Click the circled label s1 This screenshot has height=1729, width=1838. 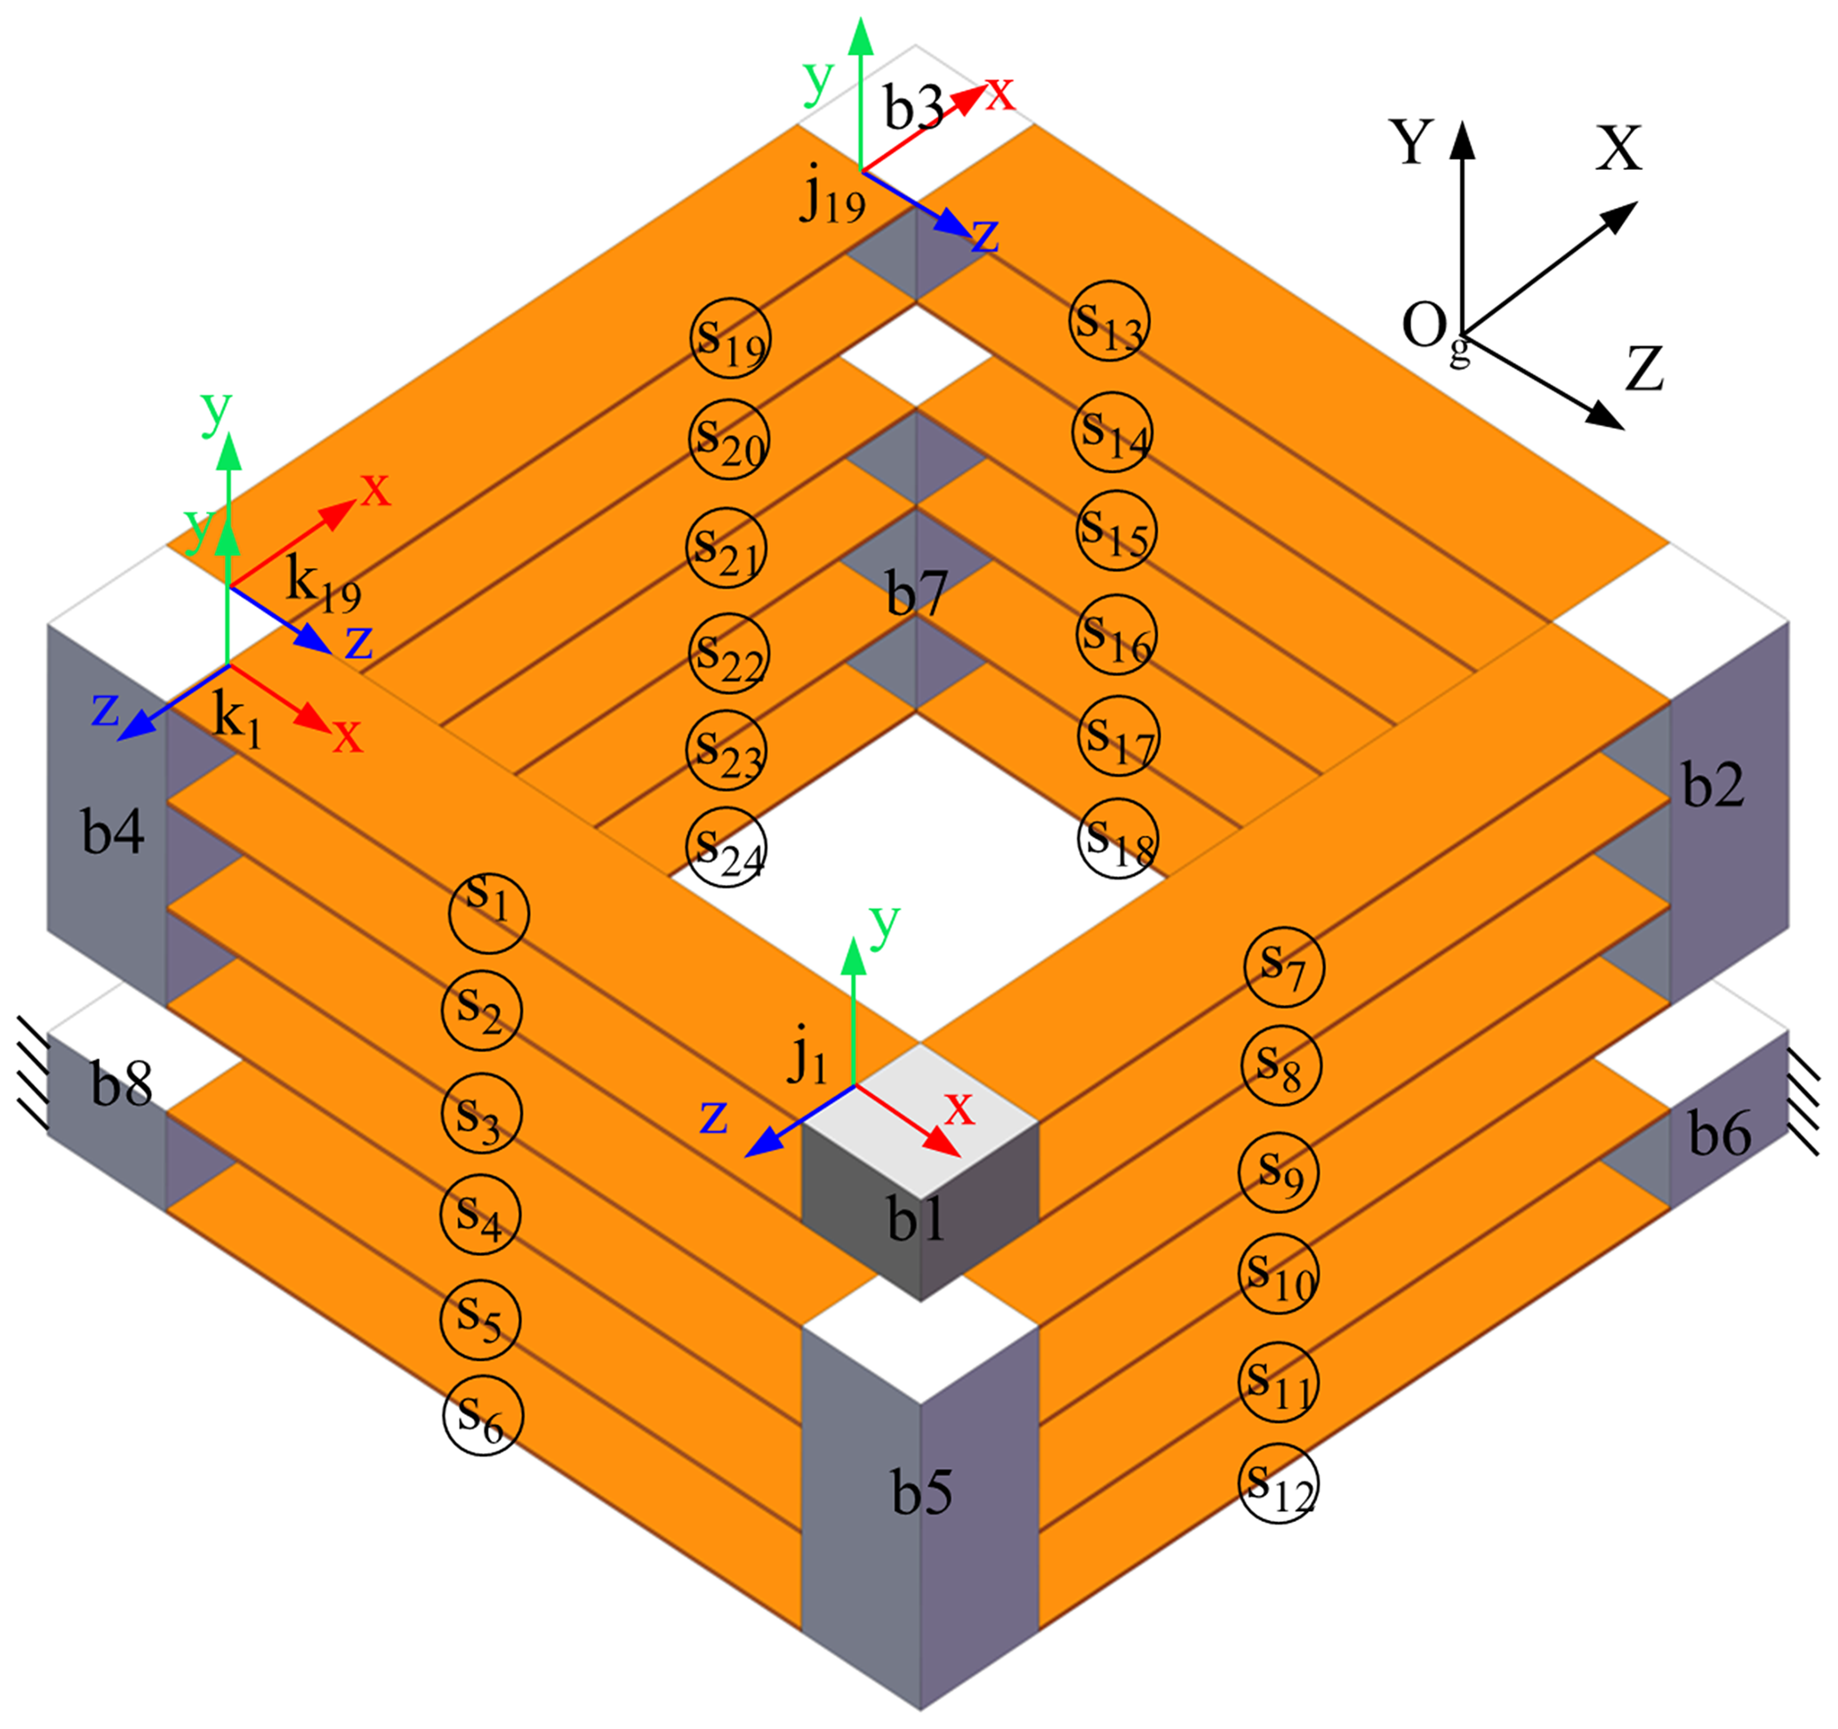click(x=488, y=913)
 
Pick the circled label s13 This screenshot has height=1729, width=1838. click(x=1110, y=321)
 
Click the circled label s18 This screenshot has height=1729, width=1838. click(x=1118, y=839)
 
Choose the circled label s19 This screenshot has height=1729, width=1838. click(x=730, y=337)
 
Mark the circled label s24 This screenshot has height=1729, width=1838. click(x=726, y=847)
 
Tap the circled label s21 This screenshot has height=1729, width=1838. click(x=726, y=547)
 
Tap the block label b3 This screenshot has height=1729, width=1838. click(x=913, y=109)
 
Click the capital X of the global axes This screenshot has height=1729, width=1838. click(x=1618, y=148)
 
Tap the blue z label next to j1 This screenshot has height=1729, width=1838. click(x=713, y=1116)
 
